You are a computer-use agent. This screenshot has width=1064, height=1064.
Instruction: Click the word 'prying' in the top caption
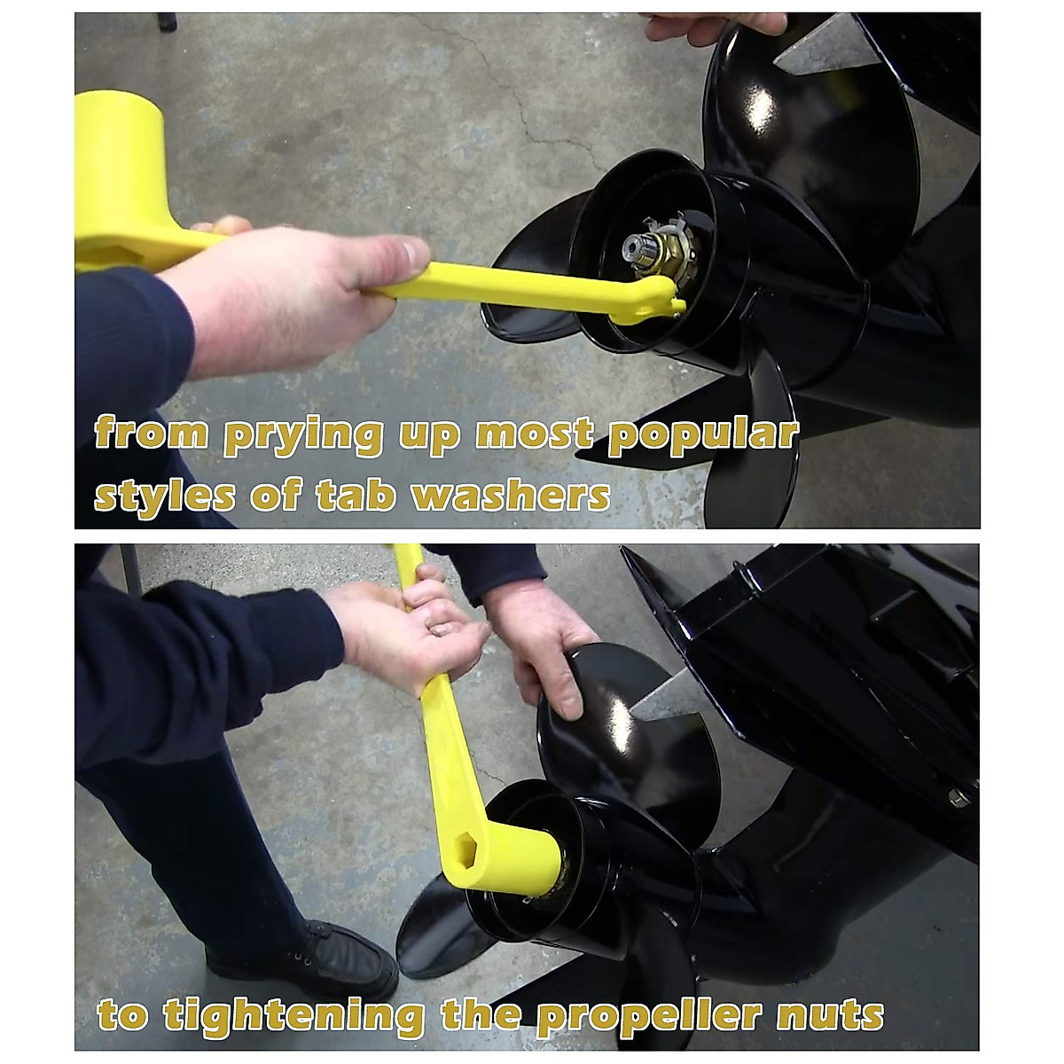coord(302,436)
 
